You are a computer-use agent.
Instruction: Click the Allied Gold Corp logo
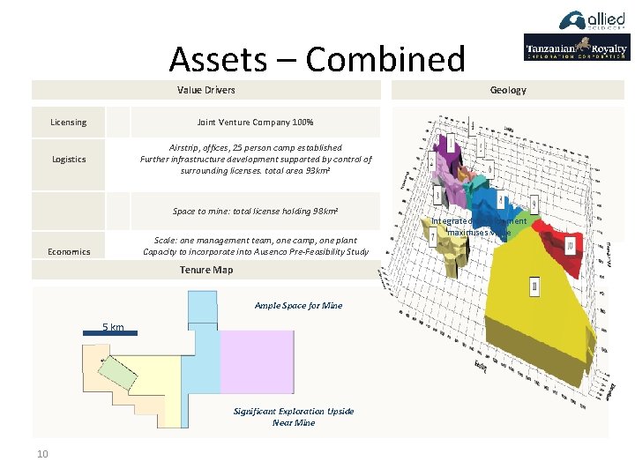594,21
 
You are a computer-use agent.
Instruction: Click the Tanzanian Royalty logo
576,48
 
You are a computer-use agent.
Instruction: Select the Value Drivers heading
205,90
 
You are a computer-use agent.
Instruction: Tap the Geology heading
507,90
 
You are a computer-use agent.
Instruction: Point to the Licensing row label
69,123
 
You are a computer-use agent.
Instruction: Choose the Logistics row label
69,160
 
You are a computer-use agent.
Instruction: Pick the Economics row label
69,252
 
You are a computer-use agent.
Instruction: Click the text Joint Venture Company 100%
255,123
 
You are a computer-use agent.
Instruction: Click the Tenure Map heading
205,270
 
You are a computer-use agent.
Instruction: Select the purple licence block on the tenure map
257,361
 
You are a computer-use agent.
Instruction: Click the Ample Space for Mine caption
298,306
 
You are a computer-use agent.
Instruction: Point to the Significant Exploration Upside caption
294,412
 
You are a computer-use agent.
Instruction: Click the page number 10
42,454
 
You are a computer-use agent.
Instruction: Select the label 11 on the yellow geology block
534,286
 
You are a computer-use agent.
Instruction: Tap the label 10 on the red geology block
571,244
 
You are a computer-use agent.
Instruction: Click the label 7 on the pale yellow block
432,237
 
